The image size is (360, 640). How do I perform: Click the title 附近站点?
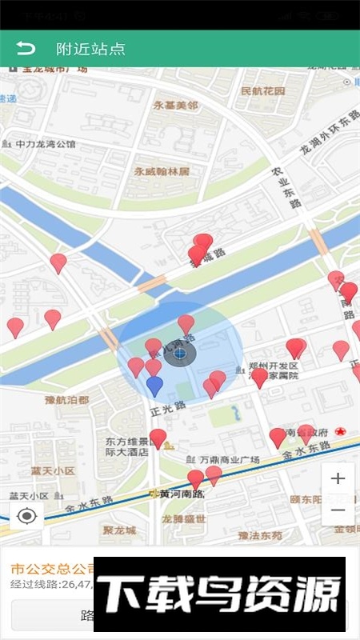pyautogui.click(x=90, y=49)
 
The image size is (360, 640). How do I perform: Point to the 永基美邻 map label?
pyautogui.click(x=176, y=106)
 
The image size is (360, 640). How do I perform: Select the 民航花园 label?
pyautogui.click(x=262, y=91)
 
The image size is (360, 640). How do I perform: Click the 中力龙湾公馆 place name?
pyautogui.click(x=46, y=145)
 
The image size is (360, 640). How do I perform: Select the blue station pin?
pyautogui.click(x=154, y=386)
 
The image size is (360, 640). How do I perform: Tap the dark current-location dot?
pyautogui.click(x=180, y=353)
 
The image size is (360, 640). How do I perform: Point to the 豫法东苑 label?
pyautogui.click(x=260, y=535)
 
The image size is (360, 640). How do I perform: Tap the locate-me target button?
pyautogui.click(x=26, y=516)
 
